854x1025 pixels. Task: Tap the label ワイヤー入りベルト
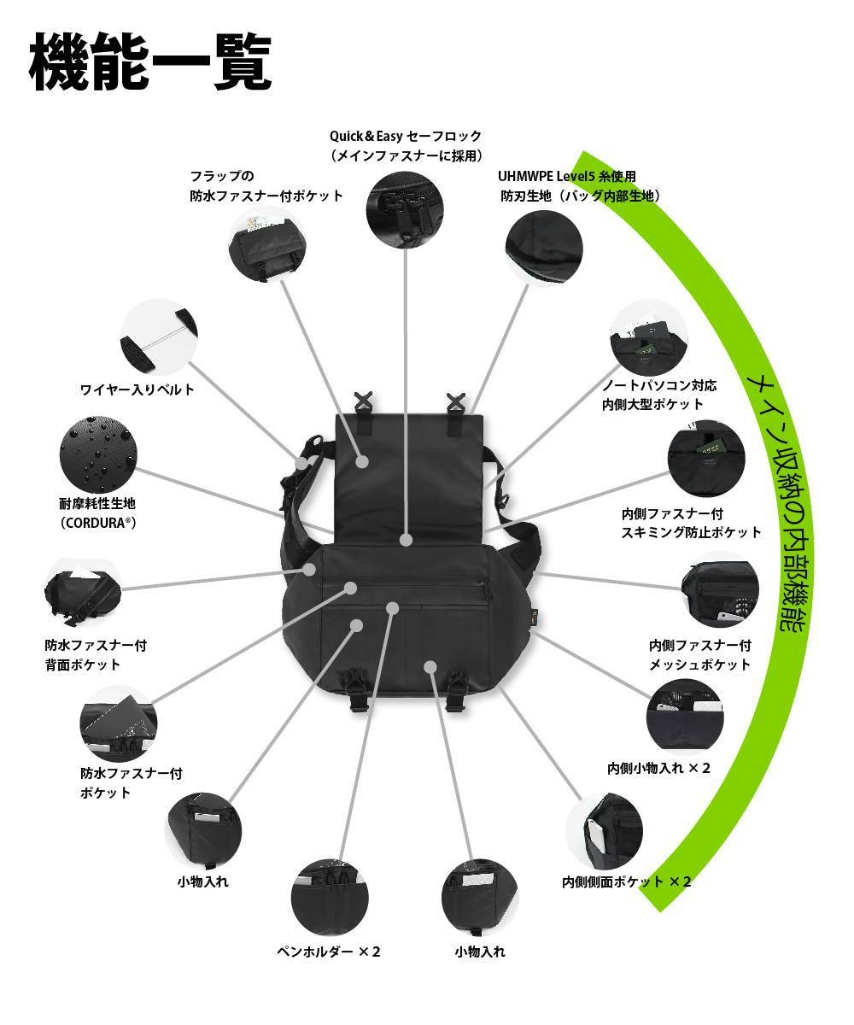pos(137,390)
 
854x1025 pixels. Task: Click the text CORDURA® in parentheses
pos(98,523)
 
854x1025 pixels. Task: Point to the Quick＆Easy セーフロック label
pos(406,136)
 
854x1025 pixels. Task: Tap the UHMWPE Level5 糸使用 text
pos(567,177)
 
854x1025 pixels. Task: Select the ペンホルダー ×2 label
pos(329,952)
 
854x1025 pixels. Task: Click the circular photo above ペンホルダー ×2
pos(330,897)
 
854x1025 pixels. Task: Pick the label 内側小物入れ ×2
pos(658,768)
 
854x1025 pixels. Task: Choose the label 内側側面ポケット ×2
pos(627,881)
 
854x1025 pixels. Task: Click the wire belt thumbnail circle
pos(155,337)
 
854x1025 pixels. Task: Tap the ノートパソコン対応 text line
pos(659,385)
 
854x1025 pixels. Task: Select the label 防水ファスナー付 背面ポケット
pos(95,655)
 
